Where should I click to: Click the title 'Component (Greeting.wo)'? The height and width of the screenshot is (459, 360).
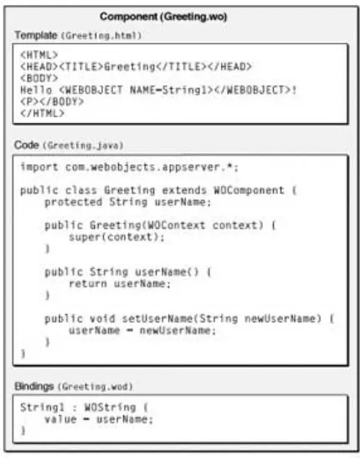coord(163,17)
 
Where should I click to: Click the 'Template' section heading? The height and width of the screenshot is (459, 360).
coord(36,35)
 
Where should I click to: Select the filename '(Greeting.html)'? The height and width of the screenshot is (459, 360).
coord(101,36)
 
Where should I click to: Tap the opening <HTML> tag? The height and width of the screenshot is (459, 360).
coord(39,54)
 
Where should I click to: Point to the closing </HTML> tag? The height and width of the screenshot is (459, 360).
coord(42,113)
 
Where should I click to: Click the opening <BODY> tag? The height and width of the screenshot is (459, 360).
coord(39,78)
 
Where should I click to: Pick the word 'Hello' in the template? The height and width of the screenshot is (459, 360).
coord(36,90)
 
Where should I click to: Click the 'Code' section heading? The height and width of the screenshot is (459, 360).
coord(27,145)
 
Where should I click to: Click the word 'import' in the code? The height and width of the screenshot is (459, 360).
coord(39,168)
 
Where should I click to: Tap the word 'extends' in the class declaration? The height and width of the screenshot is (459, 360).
coord(184,190)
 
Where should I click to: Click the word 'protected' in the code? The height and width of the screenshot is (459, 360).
coord(74,202)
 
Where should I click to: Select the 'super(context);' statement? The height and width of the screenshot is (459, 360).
coord(116,237)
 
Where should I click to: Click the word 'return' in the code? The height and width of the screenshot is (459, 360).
coord(88,284)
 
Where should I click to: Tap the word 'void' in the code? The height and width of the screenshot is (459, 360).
coord(102,318)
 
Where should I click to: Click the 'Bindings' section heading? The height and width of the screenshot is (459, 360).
coord(34,386)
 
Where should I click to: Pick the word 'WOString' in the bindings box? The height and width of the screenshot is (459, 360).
coord(111,407)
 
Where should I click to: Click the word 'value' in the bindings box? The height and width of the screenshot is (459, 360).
coord(60,419)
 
